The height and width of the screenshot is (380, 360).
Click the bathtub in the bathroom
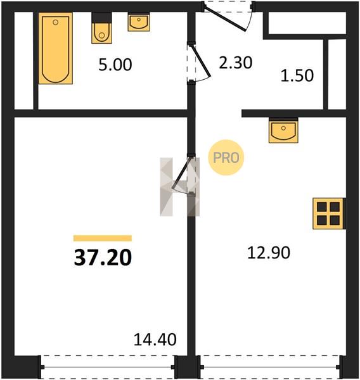pos(56,48)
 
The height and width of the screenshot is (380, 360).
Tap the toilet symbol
pos(101,28)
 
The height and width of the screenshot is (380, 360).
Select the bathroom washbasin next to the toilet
pos(139,22)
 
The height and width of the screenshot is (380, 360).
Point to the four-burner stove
pos(328,213)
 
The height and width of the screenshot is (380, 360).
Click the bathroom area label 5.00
pos(115,65)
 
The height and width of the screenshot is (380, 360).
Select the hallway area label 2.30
pos(236,63)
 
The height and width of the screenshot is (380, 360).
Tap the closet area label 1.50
pos(297,75)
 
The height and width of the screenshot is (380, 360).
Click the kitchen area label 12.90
pos(269,253)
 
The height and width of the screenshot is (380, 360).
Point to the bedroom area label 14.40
pos(155,339)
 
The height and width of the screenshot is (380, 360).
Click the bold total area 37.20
pos(103,257)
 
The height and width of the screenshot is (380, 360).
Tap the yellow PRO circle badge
pos(226,158)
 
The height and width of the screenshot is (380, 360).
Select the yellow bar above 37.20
pos(103,238)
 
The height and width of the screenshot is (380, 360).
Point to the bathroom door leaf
pos(201,61)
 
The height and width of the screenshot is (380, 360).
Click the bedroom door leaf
pos(181,173)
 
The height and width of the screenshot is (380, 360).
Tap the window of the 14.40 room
pos(108,367)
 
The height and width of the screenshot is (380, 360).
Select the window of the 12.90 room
pos(270,367)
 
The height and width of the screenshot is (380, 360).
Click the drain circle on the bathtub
pos(55,22)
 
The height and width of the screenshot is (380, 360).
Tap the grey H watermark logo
pos(180,187)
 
